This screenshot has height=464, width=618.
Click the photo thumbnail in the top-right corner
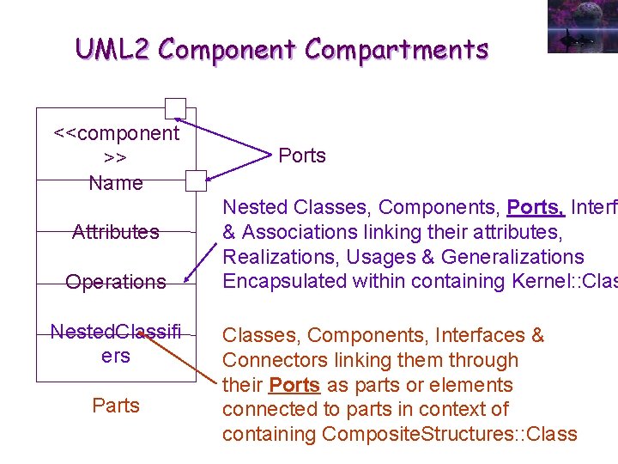582,26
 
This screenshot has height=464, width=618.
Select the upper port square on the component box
175,108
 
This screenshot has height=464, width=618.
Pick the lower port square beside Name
197,180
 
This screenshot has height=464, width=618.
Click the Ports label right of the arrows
302,156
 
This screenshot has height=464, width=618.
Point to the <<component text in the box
116,133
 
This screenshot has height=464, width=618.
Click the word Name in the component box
116,182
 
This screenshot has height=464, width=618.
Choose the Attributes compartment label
116,231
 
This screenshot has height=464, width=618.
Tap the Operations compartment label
116,281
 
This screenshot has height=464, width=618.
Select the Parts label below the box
116,405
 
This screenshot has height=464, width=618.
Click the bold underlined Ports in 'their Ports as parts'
294,385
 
